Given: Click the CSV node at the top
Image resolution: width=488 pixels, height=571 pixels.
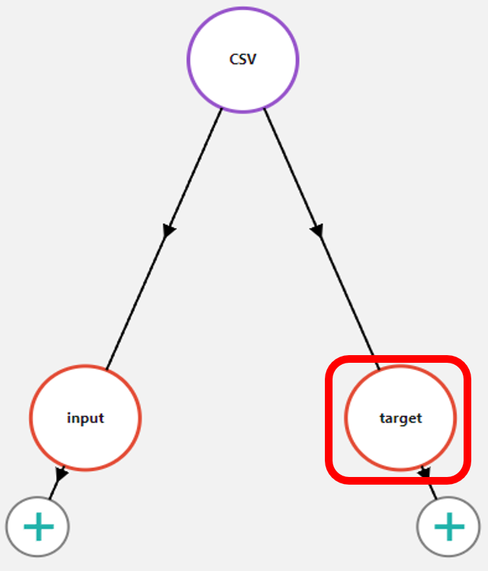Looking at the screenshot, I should point(243,59).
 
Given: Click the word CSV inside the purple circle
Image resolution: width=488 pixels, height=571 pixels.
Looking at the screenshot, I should point(243,59).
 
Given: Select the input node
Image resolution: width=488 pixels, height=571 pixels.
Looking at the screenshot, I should point(85,418).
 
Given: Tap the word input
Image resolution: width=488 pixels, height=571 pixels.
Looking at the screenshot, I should point(85,419).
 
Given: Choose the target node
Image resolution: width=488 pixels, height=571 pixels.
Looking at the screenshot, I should point(400,418).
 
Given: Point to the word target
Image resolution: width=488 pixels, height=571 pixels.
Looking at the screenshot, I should point(400,419).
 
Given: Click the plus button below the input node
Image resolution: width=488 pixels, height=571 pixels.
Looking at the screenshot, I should point(38,526).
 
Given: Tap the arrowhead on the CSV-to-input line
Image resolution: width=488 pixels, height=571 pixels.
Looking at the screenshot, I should point(169,230).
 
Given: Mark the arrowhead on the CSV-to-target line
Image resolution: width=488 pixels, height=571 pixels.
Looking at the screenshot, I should point(317,230).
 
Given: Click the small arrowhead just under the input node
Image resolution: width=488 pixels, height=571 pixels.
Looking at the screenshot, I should point(61,474).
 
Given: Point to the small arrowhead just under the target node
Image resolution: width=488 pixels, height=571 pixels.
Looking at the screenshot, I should point(425,474).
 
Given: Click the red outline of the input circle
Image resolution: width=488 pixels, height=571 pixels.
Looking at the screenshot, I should point(31,418).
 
